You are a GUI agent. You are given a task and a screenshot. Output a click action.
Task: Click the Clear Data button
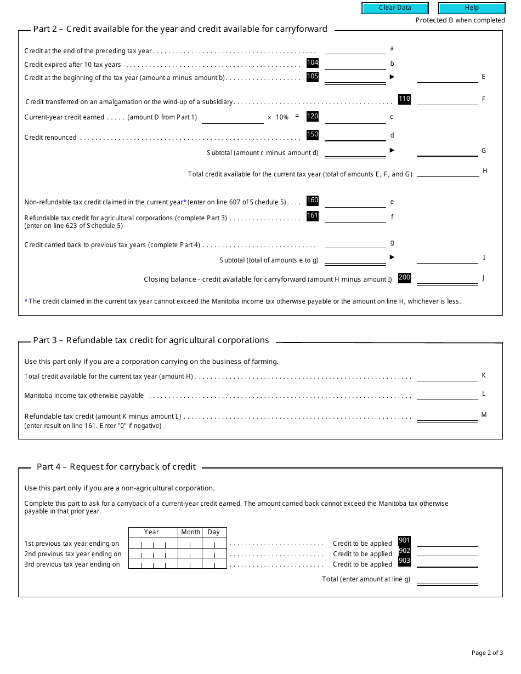(x=395, y=8)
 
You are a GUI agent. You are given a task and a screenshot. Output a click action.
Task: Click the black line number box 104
(x=313, y=63)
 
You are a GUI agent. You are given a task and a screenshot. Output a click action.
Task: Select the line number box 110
(x=404, y=99)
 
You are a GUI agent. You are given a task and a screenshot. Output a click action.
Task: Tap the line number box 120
(x=313, y=116)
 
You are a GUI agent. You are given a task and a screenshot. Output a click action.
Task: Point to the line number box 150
(x=313, y=135)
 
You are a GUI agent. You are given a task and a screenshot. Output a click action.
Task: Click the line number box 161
(x=313, y=216)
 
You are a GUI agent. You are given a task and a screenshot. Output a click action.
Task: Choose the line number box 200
(x=404, y=278)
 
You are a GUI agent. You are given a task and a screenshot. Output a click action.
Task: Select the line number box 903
(x=404, y=561)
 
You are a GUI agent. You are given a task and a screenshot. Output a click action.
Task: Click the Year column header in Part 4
(x=152, y=532)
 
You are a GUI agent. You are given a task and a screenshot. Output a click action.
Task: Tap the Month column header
(x=190, y=532)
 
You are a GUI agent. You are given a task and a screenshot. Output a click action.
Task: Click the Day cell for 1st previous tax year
(x=214, y=544)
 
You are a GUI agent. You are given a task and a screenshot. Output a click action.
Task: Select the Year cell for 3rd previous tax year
(x=153, y=564)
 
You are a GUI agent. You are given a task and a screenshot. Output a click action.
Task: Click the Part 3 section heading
(x=151, y=340)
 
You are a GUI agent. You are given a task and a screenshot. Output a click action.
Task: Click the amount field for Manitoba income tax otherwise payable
(x=447, y=395)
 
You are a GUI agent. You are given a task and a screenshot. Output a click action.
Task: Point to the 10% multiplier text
(x=282, y=117)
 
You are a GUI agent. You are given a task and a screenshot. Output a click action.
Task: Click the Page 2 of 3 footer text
(x=487, y=653)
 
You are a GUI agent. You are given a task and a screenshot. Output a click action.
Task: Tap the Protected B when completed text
(x=460, y=20)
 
